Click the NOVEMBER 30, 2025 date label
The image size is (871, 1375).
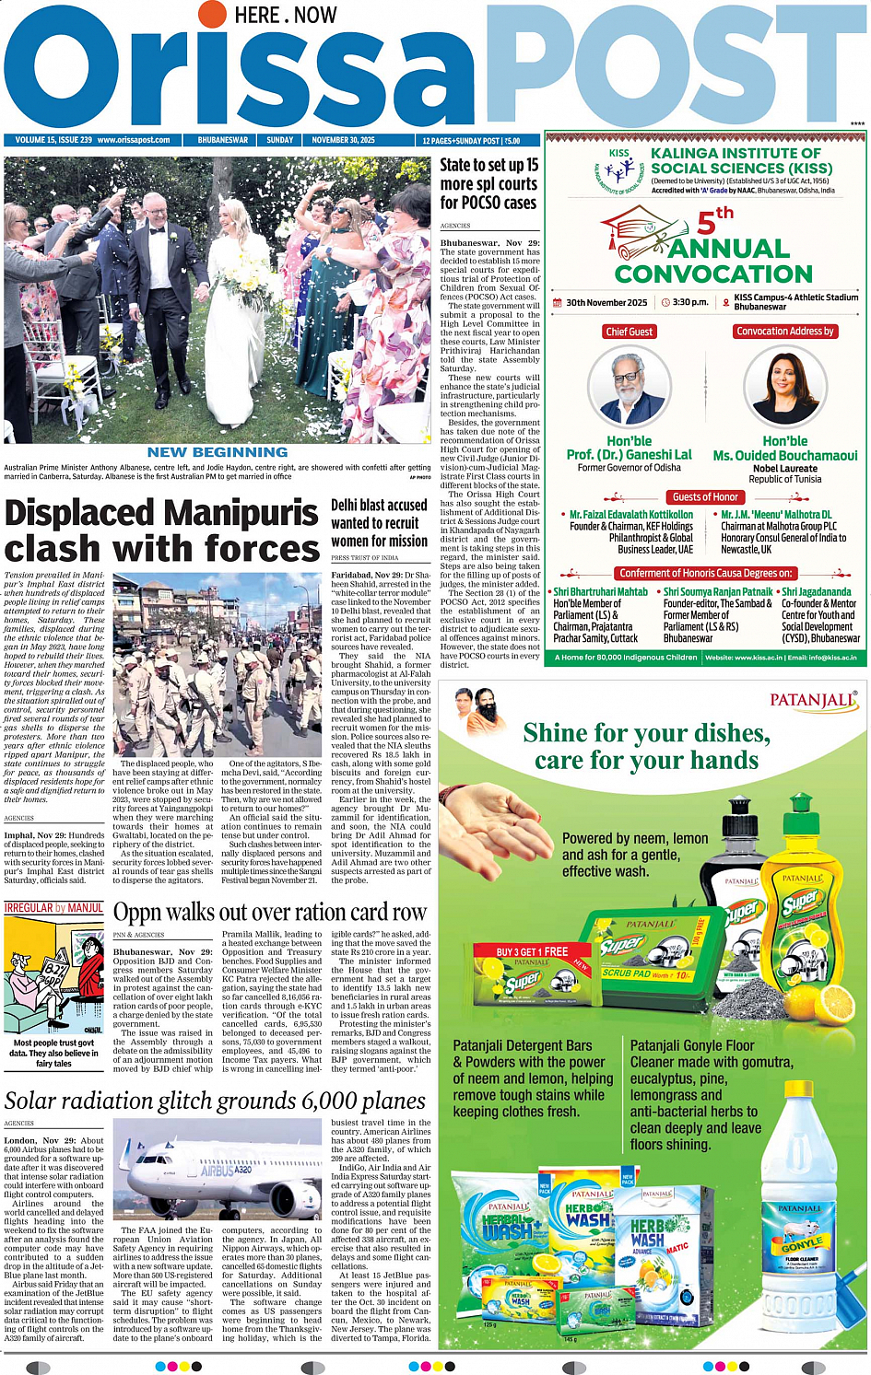(343, 140)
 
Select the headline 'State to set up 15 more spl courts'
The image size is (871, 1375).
(488, 183)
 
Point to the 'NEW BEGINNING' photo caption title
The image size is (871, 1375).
(218, 452)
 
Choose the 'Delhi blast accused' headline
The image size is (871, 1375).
(379, 506)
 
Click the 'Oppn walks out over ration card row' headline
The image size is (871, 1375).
(270, 913)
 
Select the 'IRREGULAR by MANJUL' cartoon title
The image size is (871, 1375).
(53, 907)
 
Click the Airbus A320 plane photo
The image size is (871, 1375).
(219, 1170)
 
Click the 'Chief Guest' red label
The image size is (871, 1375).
(629, 332)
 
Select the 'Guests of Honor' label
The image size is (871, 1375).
(705, 496)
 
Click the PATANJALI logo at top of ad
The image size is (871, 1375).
(812, 701)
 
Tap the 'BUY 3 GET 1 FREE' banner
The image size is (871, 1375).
(532, 951)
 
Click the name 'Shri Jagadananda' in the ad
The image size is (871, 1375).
(817, 592)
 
